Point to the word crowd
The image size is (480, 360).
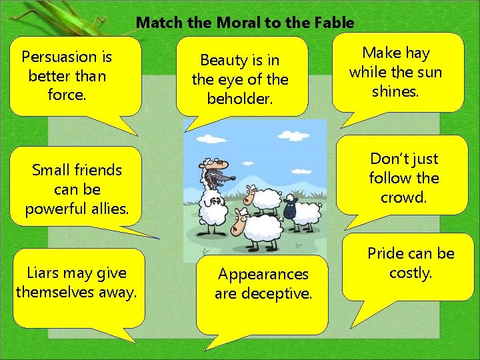click(403, 198)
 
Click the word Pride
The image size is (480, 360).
click(385, 253)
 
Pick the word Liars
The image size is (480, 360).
click(43, 272)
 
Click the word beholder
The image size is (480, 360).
click(239, 99)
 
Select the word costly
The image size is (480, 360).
click(411, 273)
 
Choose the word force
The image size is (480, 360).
click(67, 95)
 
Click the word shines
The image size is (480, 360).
click(395, 91)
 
